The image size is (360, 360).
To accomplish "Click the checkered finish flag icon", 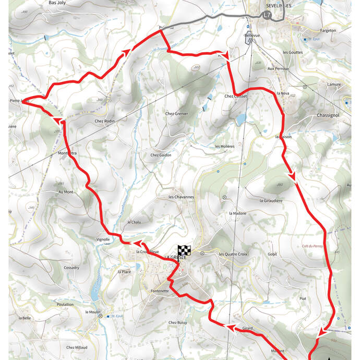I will click(183, 250).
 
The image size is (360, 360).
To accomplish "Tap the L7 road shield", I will click(267, 15).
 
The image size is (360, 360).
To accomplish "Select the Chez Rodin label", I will click(104, 121).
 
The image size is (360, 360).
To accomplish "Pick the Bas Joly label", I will click(57, 3).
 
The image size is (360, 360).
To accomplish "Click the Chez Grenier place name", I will click(176, 114).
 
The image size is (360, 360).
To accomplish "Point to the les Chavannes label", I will click(181, 197).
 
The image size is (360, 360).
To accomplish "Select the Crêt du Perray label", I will click(313, 245).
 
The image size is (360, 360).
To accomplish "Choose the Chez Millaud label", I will click(77, 347).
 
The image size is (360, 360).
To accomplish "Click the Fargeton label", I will click(328, 31).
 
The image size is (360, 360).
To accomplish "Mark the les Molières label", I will click(225, 147).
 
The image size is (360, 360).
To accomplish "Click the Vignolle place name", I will click(103, 239).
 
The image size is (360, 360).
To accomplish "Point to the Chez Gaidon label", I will click(161, 155).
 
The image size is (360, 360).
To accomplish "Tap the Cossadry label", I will click(71, 268).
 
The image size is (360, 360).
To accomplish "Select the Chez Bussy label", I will click(177, 323).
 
